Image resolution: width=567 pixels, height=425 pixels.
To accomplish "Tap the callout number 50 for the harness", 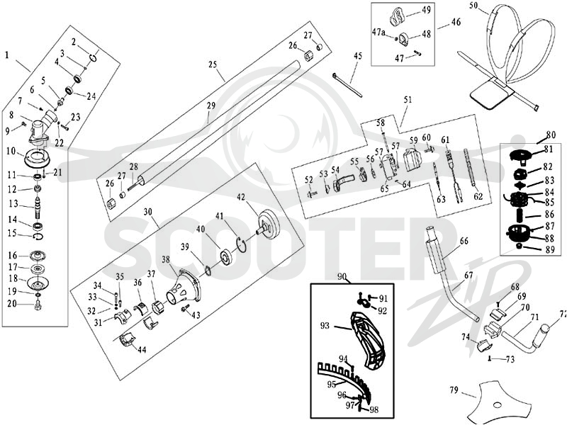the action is click(474, 5).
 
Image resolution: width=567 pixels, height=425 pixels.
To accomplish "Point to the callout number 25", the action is click(213, 64).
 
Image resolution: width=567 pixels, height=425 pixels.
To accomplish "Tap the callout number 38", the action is click(166, 259).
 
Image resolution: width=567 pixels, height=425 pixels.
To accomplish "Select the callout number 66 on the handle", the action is click(464, 240).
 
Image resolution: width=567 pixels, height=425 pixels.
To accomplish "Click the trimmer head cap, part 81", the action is click(520, 154).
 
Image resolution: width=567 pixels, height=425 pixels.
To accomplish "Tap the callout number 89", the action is click(550, 249).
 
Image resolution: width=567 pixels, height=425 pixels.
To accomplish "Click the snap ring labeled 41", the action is click(242, 246).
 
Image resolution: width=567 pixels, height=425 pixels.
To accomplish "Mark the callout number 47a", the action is click(378, 32).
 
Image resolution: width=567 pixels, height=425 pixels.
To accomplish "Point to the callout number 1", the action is click(6, 55).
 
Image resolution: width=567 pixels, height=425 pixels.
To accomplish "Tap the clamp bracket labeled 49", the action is click(398, 16).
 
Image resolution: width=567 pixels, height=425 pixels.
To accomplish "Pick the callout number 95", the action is click(332, 385).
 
